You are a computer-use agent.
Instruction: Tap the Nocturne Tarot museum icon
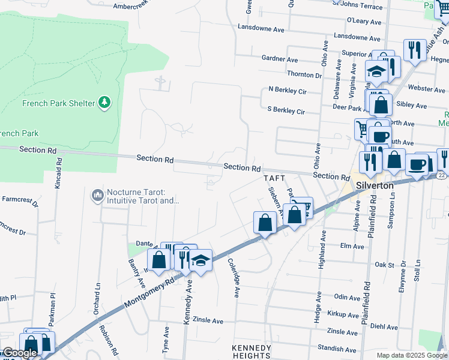[x=97, y=195]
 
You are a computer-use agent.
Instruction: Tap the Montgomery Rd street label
[x=149, y=293]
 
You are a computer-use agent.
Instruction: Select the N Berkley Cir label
[x=288, y=91]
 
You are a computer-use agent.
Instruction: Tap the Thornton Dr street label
[x=304, y=74]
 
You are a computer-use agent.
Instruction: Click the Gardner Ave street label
[x=280, y=59]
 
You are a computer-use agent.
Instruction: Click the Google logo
[x=19, y=353]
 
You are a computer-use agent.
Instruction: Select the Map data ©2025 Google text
[x=411, y=355]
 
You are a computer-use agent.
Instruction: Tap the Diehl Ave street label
[x=384, y=327]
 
